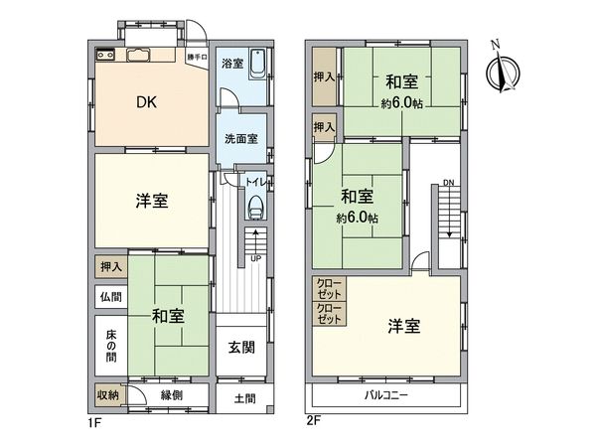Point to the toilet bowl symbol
(x=256, y=207)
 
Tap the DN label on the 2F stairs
(x=449, y=183)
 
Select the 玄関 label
(x=242, y=347)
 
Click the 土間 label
(x=243, y=399)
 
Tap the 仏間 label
(x=110, y=295)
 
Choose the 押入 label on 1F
(x=110, y=266)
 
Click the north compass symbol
(x=503, y=72)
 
